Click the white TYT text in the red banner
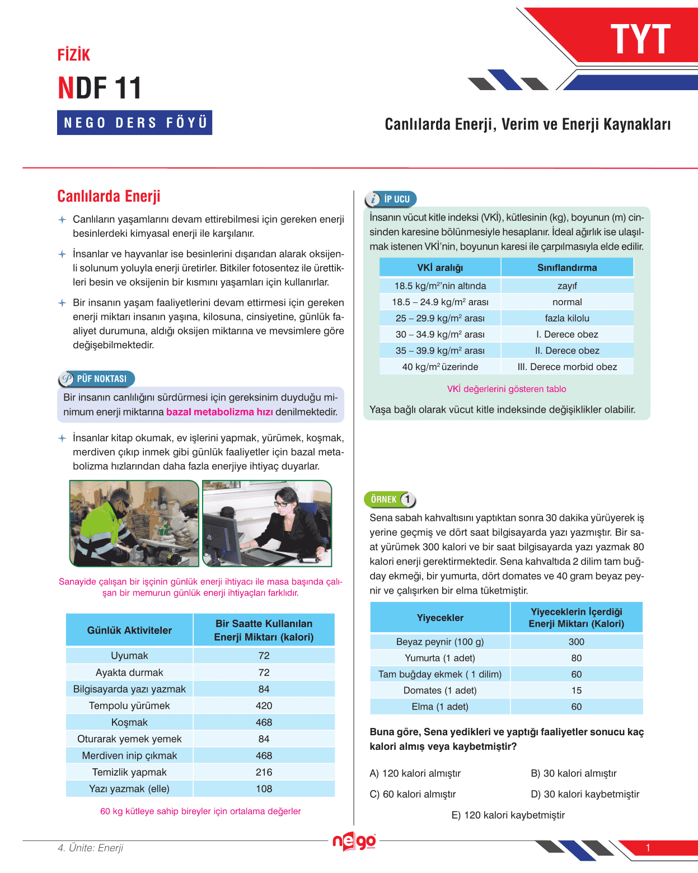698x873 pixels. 640,39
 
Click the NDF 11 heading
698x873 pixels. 100,88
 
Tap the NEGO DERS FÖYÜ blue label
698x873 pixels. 134,123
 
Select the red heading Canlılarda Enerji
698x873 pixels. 109,196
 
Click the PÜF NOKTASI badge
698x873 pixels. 96,379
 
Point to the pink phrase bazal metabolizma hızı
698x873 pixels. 219,412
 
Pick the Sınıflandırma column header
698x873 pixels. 567,268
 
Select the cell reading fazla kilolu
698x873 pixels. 567,318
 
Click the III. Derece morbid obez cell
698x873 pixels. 567,367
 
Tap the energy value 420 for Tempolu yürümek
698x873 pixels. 264,706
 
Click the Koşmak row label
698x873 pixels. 129,722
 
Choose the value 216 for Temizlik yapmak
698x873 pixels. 264,772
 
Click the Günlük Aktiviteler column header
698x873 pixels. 129,630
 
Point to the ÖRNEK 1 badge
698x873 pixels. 390,499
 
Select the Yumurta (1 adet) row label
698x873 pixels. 440,658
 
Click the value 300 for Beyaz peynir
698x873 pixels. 576,642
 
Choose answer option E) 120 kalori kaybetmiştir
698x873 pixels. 508,815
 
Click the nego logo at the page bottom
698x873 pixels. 354,841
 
